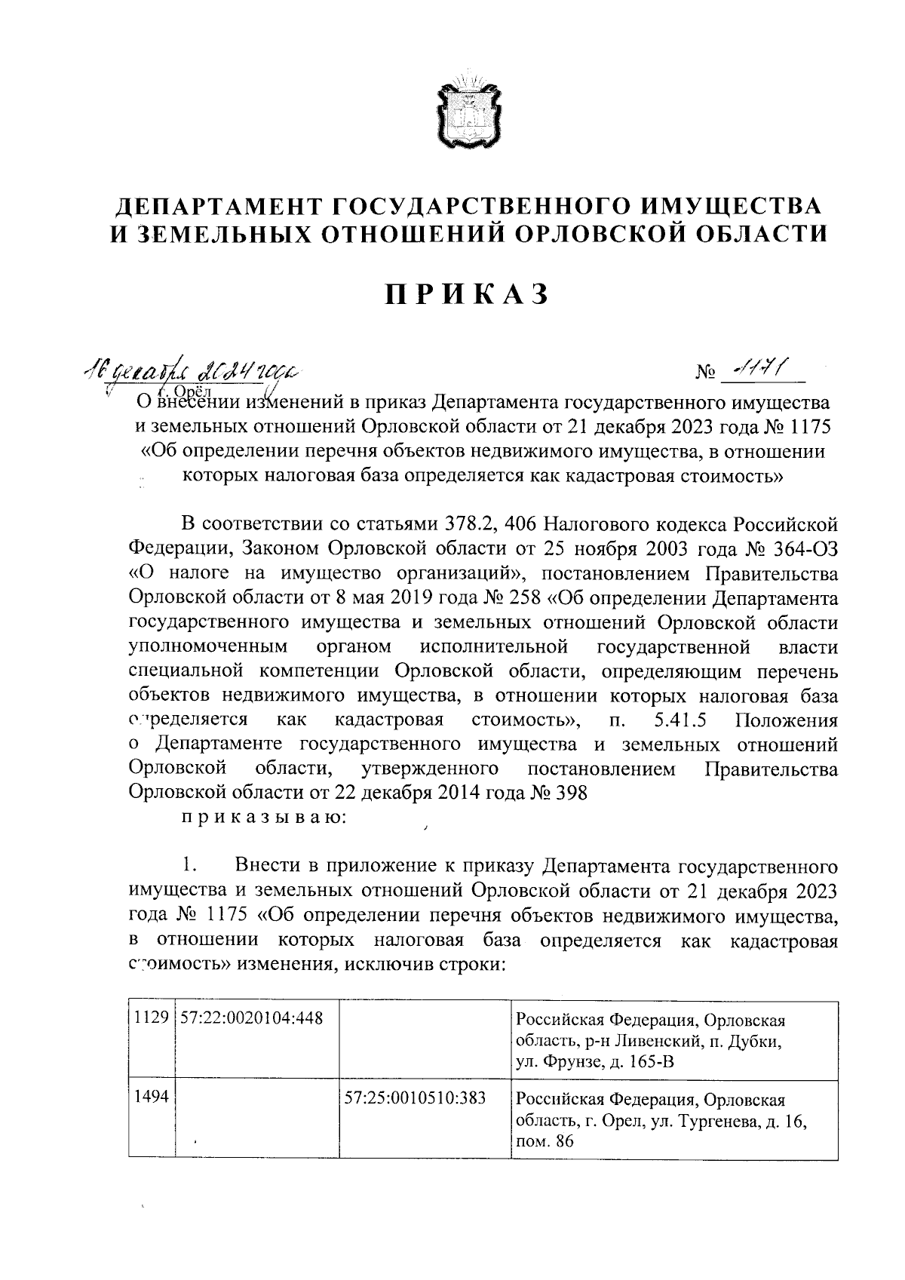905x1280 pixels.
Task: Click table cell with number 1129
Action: (151, 1019)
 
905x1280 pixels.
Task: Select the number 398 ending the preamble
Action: (570, 793)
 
